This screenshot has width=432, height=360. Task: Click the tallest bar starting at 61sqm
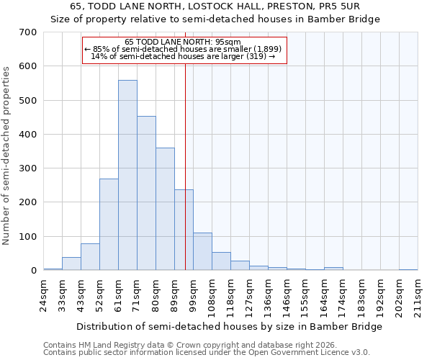pos(127,175)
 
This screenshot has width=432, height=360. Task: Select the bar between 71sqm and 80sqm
pos(146,193)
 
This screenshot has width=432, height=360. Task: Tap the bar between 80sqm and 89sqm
pos(165,209)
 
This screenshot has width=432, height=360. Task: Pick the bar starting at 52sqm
pos(109,225)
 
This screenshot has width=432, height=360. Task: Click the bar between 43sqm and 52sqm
pos(90,257)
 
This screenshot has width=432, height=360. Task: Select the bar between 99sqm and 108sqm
pos(202,251)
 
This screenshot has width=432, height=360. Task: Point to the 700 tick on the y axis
pos(27,32)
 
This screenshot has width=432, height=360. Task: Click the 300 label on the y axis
pos(27,168)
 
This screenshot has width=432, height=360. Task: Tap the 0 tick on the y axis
pos(33,271)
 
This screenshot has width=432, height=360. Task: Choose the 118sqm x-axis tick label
pos(230,294)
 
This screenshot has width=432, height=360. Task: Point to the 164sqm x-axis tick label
pos(324,294)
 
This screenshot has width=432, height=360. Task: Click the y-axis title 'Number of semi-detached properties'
pos(6,155)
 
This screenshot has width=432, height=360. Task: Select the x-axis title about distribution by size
pos(229,326)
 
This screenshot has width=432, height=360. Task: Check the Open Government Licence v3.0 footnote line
pos(207,353)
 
